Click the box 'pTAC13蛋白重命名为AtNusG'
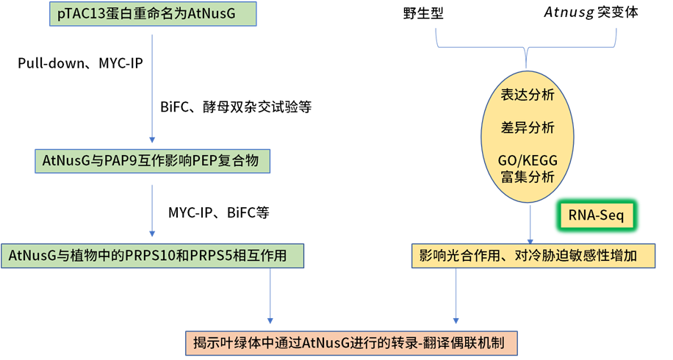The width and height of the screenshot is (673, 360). pyautogui.click(x=151, y=13)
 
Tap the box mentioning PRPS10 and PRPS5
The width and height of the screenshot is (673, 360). pyautogui.click(x=152, y=256)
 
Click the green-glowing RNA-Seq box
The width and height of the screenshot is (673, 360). pyautogui.click(x=595, y=215)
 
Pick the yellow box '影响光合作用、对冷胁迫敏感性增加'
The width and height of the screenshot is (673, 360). pyautogui.click(x=533, y=256)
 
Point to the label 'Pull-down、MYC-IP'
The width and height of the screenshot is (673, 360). pyautogui.click(x=80, y=64)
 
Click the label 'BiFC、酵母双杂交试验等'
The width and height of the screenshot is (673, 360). pyautogui.click(x=235, y=107)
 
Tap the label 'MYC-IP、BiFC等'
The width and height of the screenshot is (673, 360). pyautogui.click(x=219, y=213)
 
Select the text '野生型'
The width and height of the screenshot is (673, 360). pyautogui.click(x=423, y=13)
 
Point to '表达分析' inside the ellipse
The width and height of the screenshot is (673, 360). pyautogui.click(x=528, y=95)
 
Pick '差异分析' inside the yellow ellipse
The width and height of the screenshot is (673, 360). pyautogui.click(x=528, y=128)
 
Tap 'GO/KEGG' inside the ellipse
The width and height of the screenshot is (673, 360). pyautogui.click(x=528, y=160)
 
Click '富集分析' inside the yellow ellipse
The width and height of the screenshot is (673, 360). pyautogui.click(x=528, y=177)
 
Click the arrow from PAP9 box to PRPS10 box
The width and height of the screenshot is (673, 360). pyautogui.click(x=151, y=213)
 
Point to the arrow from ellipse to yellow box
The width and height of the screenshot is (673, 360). pyautogui.click(x=530, y=226)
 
